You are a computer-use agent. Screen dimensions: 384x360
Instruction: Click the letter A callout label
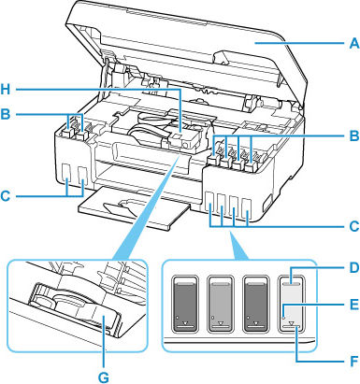[348, 41]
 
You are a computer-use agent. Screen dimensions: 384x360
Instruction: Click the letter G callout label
[101, 374]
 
